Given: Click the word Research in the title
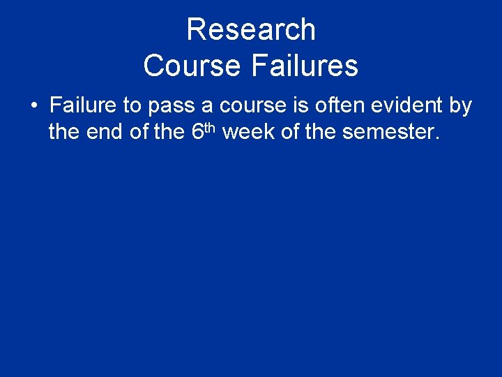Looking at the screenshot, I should [x=251, y=30].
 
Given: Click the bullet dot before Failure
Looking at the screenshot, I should [x=34, y=107].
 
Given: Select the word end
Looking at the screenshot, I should [x=106, y=132].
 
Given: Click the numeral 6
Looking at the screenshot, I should [x=197, y=132].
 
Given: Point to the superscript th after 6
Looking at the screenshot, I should [x=211, y=126].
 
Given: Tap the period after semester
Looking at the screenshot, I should [x=437, y=138].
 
